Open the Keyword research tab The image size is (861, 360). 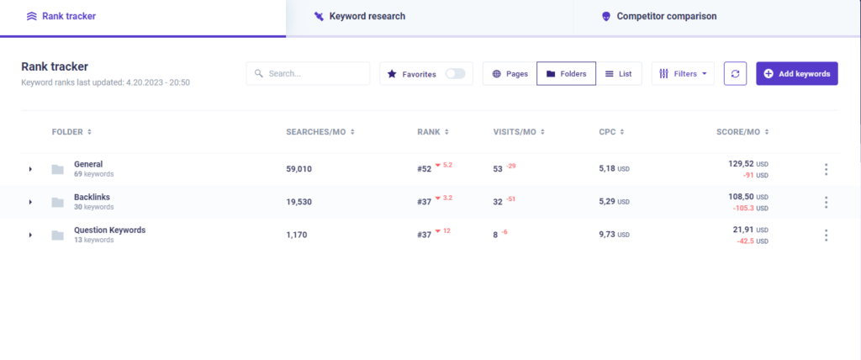pyautogui.click(x=360, y=17)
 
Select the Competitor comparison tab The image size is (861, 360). pyautogui.click(x=659, y=17)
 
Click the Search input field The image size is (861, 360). pyautogui.click(x=308, y=74)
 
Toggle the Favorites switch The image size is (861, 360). pyautogui.click(x=455, y=74)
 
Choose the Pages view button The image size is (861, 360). pyautogui.click(x=510, y=74)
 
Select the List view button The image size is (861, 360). pyautogui.click(x=619, y=74)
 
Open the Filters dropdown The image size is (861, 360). pyautogui.click(x=683, y=74)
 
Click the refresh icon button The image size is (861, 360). pyautogui.click(x=735, y=74)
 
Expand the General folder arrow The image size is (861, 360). pyautogui.click(x=31, y=169)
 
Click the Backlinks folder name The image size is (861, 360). pyautogui.click(x=92, y=197)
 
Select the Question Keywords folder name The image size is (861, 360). pyautogui.click(x=110, y=230)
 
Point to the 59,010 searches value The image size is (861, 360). pyautogui.click(x=298, y=169)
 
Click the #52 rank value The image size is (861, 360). pyautogui.click(x=424, y=169)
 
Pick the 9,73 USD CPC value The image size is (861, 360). pyautogui.click(x=614, y=235)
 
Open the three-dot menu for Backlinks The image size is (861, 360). pyautogui.click(x=826, y=202)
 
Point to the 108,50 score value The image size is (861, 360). pyautogui.click(x=742, y=196)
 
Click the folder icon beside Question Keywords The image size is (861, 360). pyautogui.click(x=58, y=236)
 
